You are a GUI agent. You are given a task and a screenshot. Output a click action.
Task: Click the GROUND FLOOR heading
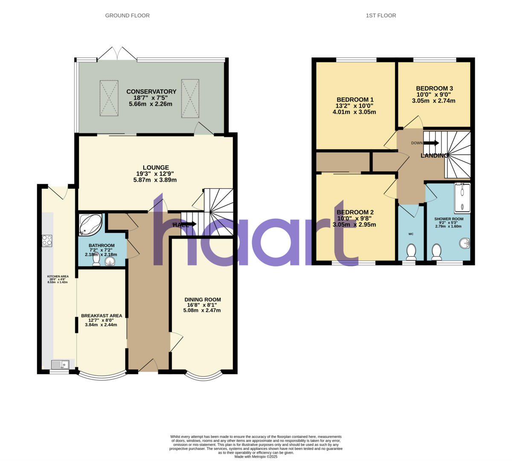click(x=127, y=15)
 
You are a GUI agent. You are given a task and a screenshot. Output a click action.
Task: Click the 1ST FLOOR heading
click(x=381, y=15)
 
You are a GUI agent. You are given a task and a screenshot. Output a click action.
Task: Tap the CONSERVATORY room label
click(x=151, y=92)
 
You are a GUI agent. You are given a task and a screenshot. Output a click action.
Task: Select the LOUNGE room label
click(x=156, y=168)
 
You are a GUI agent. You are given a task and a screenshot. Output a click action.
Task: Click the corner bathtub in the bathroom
click(x=90, y=225)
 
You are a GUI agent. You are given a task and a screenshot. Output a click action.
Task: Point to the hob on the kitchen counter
click(x=47, y=241)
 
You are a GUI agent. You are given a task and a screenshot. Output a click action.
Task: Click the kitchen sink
click(x=60, y=365)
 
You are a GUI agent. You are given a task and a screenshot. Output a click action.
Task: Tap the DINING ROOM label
click(x=203, y=300)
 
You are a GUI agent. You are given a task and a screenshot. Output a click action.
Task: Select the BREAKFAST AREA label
click(x=102, y=316)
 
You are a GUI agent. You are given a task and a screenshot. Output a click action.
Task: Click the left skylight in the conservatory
click(x=109, y=98)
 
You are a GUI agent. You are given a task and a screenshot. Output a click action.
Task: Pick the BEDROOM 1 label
click(x=355, y=100)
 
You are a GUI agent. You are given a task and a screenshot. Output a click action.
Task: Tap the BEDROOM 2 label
click(x=355, y=212)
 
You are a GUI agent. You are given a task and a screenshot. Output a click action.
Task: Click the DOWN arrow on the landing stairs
click(x=431, y=143)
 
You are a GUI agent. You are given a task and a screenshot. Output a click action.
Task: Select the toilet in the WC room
click(x=411, y=252)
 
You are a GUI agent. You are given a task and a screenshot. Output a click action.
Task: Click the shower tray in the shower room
click(x=462, y=198)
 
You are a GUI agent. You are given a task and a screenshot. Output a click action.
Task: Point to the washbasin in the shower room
click(x=465, y=244)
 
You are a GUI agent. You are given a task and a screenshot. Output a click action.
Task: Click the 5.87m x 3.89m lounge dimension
click(x=155, y=180)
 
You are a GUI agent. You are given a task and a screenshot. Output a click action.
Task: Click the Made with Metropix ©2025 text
click(x=256, y=456)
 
